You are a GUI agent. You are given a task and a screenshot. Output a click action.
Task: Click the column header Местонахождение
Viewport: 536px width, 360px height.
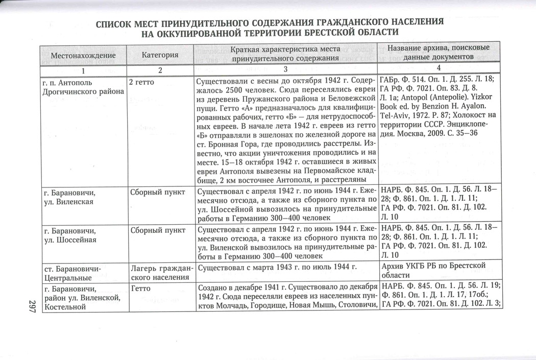[83, 55]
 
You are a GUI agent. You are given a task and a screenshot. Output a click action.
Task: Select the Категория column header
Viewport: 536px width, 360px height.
[160, 55]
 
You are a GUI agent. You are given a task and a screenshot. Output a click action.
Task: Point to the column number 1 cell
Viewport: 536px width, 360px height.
[82, 69]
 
